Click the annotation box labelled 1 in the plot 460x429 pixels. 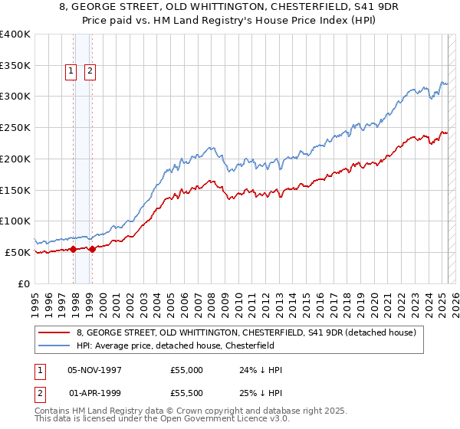71,72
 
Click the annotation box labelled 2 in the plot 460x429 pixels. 90,72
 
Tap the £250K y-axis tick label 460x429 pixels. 15,128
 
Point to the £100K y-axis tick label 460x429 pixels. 15,221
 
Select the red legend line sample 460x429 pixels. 54,332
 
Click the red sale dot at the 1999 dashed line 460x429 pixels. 92,249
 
